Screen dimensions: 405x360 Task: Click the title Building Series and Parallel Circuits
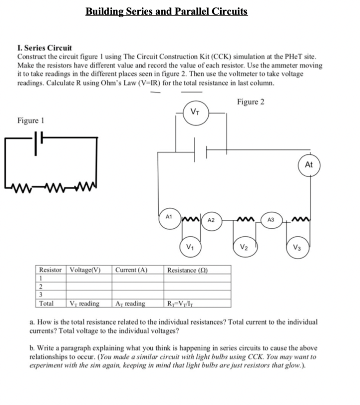166,11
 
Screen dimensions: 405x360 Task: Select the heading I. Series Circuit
45,48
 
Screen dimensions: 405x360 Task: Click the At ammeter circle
309,166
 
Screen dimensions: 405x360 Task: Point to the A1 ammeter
169,217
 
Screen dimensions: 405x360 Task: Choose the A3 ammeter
271,219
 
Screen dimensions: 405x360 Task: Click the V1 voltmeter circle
190,244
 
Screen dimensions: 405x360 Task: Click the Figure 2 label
250,102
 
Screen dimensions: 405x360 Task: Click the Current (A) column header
131,270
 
